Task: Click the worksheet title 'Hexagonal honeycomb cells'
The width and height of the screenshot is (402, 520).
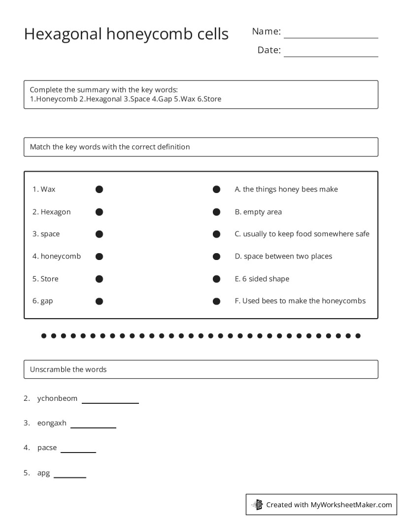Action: [x=126, y=34]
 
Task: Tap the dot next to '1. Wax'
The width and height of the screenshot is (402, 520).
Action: [x=99, y=190]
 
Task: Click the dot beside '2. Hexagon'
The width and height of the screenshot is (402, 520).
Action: [x=99, y=212]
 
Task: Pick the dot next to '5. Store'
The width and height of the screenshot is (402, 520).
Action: [x=99, y=279]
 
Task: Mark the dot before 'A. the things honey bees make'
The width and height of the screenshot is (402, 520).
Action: [x=216, y=190]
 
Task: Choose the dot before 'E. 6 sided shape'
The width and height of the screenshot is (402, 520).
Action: [x=216, y=279]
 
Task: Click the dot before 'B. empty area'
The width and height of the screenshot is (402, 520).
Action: [x=216, y=212]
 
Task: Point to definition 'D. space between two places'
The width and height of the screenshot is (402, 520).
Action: [x=283, y=256]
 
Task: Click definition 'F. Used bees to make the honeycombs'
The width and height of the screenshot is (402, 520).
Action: [x=300, y=301]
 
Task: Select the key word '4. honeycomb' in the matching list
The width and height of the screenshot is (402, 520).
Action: [x=57, y=256]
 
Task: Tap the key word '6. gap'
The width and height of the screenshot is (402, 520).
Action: [x=43, y=301]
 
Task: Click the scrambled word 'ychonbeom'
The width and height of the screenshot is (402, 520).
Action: [x=57, y=398]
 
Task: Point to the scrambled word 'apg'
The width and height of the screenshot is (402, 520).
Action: [x=43, y=473]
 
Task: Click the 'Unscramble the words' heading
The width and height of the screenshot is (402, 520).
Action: [x=68, y=369]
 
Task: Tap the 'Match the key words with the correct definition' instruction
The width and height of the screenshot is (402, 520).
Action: [x=109, y=147]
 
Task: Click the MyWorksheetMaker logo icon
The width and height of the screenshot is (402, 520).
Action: [x=257, y=504]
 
